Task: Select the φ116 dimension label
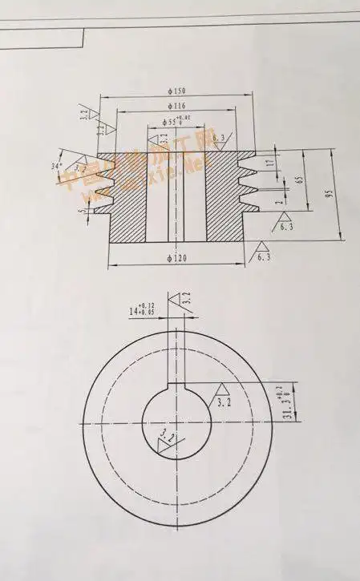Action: [177, 106]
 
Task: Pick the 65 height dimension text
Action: [299, 180]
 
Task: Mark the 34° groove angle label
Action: [56, 167]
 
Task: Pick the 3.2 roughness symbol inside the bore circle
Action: [167, 440]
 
